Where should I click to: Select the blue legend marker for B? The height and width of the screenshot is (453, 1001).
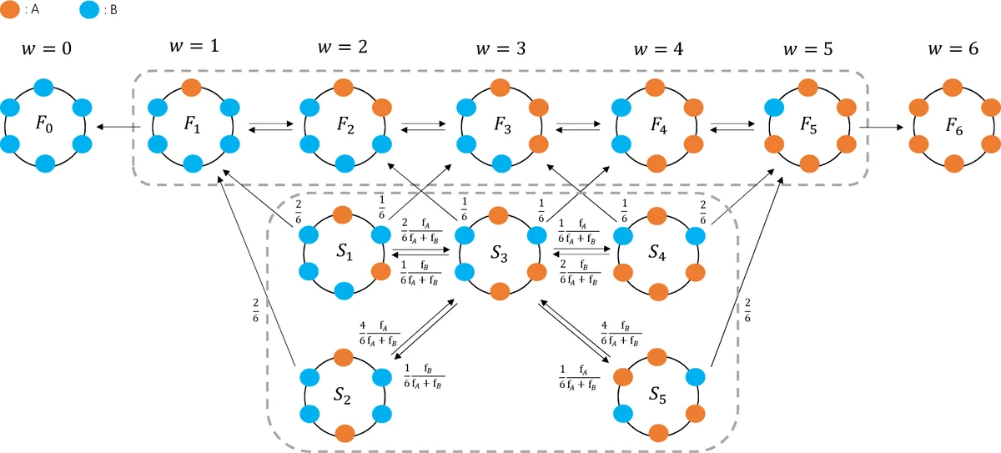click(90, 11)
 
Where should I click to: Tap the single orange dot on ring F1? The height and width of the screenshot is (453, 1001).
click(191, 88)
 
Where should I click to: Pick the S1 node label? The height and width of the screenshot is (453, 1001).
click(343, 253)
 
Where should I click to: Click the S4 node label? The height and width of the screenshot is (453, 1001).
click(656, 253)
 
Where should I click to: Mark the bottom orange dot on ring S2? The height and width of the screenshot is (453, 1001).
click(344, 432)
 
